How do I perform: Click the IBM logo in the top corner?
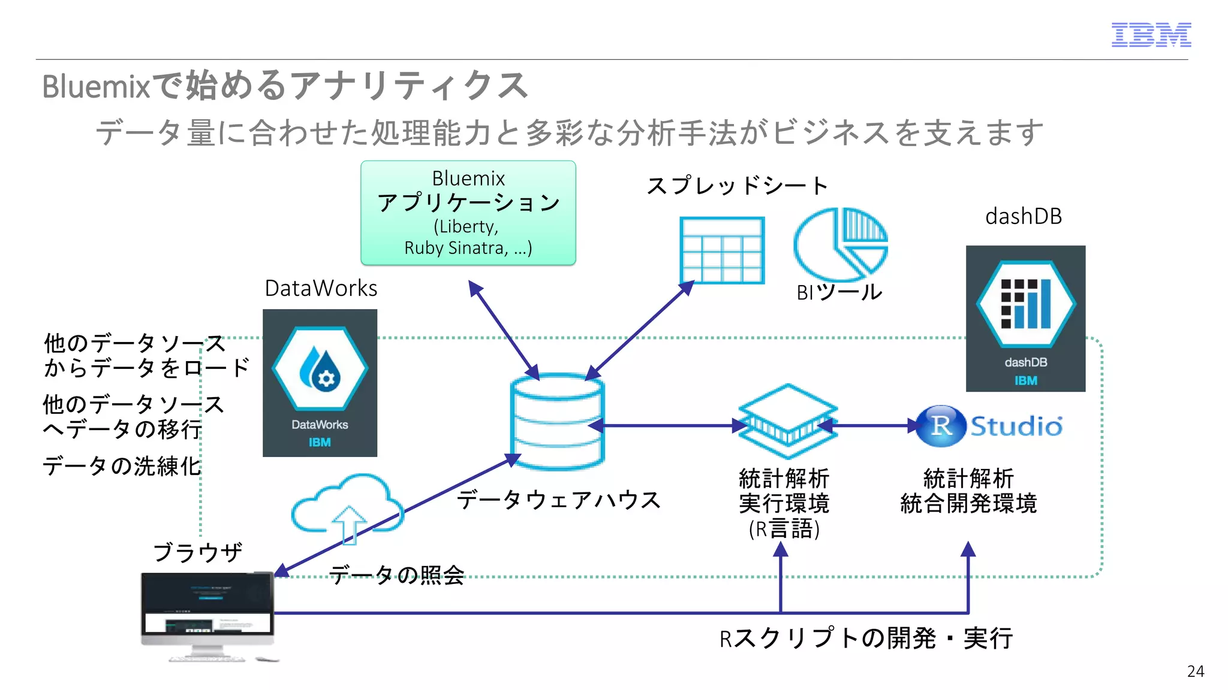tap(1151, 35)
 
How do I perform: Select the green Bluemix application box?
tap(468, 213)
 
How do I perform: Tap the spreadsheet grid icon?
tap(722, 250)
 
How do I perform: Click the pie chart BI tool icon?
tap(840, 243)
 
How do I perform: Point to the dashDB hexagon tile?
tap(1025, 317)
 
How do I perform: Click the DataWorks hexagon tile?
tap(320, 382)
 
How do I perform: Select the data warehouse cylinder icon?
tap(557, 422)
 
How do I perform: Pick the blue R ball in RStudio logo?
tap(940, 426)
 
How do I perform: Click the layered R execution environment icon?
tap(787, 422)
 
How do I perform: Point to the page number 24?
tap(1195, 671)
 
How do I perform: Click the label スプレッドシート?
tap(737, 186)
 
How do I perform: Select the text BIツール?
tap(839, 292)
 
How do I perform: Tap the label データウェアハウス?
tap(558, 500)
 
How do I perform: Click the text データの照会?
tap(397, 575)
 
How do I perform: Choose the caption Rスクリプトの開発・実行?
tap(866, 638)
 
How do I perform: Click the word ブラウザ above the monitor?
tap(198, 552)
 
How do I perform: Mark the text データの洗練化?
tap(122, 466)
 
